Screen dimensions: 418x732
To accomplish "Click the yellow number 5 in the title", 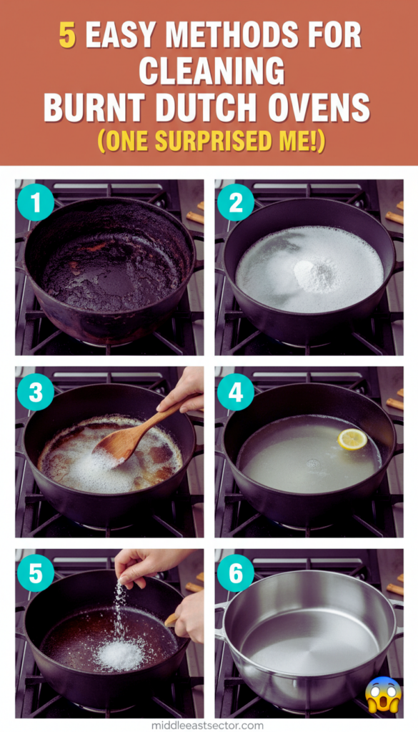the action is pyautogui.click(x=67, y=35).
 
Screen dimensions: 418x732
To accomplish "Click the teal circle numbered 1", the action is pyautogui.click(x=36, y=202).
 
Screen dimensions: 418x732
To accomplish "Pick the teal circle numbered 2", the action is pyautogui.click(x=236, y=202).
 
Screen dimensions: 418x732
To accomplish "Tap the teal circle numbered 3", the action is pyautogui.click(x=36, y=392).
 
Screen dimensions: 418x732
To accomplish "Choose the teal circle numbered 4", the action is pyautogui.click(x=236, y=392).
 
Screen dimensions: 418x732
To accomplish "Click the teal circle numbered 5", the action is pyautogui.click(x=36, y=573).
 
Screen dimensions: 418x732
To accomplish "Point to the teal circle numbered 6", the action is pyautogui.click(x=236, y=573).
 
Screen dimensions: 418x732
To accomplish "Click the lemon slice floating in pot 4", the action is pyautogui.click(x=352, y=440).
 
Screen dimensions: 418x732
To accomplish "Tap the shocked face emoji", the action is pyautogui.click(x=383, y=694).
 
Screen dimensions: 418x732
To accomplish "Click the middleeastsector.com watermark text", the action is pyautogui.click(x=207, y=726).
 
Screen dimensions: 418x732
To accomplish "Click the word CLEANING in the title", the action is pyautogui.click(x=212, y=71).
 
